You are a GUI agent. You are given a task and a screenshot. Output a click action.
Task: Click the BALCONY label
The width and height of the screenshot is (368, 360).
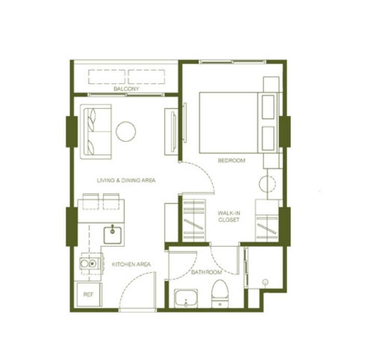pos(126,89)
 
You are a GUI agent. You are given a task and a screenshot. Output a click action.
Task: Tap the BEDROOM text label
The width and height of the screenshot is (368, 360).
pos(231,161)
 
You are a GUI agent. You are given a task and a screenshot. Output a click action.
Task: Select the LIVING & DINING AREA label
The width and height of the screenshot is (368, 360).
pos(126,181)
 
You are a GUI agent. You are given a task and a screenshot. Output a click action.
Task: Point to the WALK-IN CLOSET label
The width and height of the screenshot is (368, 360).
pos(229,216)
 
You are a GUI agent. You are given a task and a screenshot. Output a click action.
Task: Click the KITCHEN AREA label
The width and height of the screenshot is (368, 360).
pos(131,264)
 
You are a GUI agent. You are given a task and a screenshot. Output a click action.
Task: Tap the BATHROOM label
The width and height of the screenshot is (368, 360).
pos(206,273)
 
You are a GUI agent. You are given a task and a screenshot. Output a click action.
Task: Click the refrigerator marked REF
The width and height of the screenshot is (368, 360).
pos(89,295)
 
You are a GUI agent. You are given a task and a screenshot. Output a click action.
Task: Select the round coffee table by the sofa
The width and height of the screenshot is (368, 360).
pos(126,132)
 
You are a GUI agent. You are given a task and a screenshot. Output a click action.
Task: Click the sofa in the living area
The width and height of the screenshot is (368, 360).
pos(96,132)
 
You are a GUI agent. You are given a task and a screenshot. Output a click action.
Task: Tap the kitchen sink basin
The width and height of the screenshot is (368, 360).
pos(113,235)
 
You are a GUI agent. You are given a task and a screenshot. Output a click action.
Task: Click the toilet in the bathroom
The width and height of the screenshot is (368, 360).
pos(220,293)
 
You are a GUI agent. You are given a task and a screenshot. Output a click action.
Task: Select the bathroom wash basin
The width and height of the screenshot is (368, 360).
pos(186,299)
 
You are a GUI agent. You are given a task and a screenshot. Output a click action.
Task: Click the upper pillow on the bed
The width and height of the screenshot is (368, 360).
pos(268,107)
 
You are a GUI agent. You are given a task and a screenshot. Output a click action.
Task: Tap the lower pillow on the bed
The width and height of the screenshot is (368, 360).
pos(268,138)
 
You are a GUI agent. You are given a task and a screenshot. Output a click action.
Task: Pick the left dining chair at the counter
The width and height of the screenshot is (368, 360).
pos(90,201)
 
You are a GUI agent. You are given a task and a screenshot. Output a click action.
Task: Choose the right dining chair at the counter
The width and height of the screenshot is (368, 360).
pos(111,201)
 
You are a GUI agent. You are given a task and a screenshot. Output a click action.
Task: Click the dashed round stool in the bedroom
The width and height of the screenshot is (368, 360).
pos(267,184)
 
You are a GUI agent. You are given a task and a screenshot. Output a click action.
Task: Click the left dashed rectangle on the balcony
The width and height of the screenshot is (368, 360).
pos(107,77)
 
